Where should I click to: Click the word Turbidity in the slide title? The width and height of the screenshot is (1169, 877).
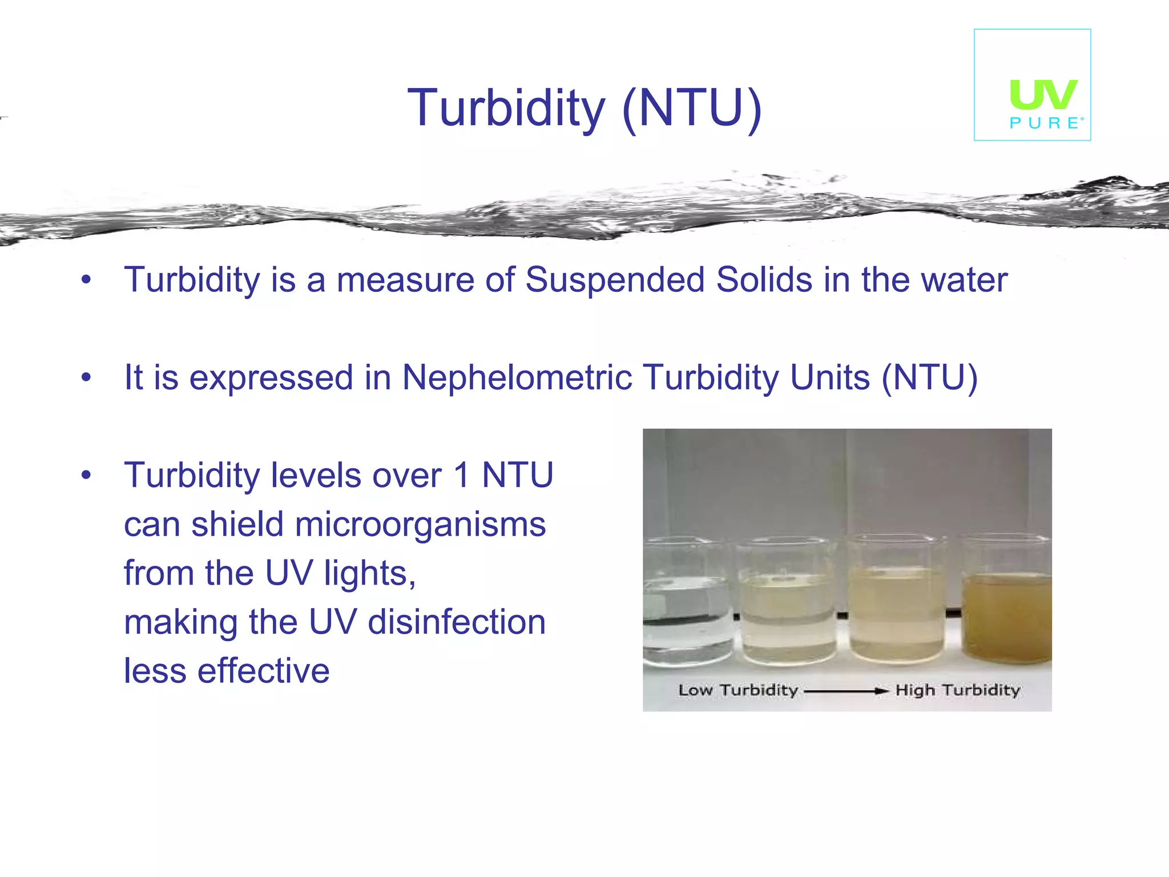[x=506, y=108]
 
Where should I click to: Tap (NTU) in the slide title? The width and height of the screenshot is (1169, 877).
[x=692, y=108]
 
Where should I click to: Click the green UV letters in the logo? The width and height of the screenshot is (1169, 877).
[x=1043, y=95]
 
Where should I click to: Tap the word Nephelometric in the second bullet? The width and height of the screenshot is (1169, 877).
[x=517, y=378]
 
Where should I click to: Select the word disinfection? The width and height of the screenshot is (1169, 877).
[x=457, y=622]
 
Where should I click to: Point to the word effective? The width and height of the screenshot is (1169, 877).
[x=263, y=671]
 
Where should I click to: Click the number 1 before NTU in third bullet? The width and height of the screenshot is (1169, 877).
[x=461, y=476]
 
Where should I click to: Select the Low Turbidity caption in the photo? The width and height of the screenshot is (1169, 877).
[x=737, y=690]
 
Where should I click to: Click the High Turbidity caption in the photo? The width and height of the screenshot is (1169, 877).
[x=957, y=690]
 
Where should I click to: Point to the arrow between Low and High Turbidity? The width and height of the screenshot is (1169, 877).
[x=846, y=691]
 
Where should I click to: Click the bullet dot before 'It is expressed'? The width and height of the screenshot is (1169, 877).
[x=86, y=378]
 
